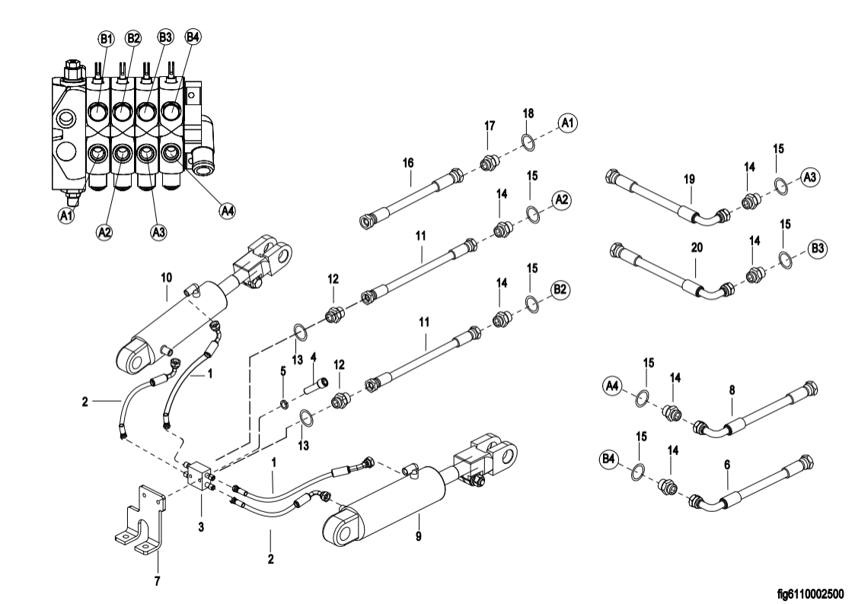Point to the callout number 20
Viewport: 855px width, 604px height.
694,249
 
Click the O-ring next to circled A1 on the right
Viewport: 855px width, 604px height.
528,141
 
